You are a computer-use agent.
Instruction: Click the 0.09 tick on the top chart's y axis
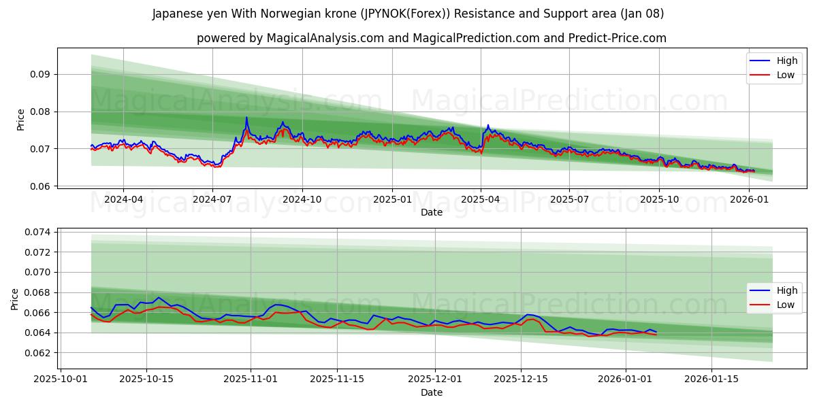(x=40, y=74)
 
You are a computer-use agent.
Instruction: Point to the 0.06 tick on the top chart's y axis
(x=40, y=186)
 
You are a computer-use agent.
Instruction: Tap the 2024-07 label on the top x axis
(x=212, y=199)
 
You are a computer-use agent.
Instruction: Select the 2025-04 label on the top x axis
(x=481, y=199)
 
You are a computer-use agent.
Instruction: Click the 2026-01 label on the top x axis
(x=749, y=199)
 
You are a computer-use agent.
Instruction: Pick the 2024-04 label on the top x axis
(x=123, y=199)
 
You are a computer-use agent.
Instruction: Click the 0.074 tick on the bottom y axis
(x=38, y=232)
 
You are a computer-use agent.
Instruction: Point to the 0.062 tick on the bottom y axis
(x=38, y=353)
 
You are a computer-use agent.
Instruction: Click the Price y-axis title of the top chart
(x=20, y=119)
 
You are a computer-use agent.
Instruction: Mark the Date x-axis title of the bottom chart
(x=431, y=392)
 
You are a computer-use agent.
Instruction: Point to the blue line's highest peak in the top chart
(x=246, y=118)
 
